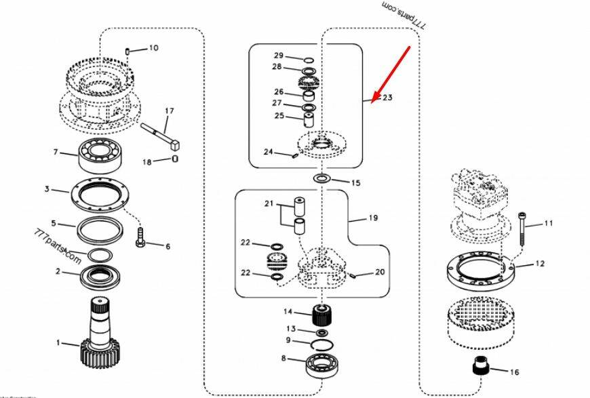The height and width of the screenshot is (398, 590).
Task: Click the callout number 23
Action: coord(387,98)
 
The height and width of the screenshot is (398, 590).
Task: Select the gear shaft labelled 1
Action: coord(102,332)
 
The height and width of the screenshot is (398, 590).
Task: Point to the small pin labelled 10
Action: coord(128,50)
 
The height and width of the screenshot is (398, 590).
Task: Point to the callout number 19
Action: coord(372,218)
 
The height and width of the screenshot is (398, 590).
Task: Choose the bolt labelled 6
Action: coord(140,237)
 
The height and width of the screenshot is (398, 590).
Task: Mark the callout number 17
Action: coord(169,111)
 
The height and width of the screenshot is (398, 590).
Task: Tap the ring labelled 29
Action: coord(309,59)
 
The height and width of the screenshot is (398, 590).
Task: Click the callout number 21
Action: coord(269,203)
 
